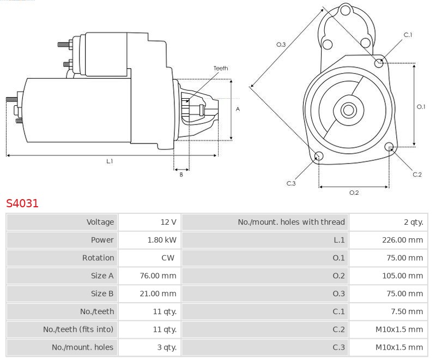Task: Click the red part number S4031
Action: [22, 203]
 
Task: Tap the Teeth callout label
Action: [221, 68]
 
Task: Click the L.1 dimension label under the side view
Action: [110, 161]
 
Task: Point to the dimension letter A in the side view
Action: [238, 109]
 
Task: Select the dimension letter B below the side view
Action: [181, 175]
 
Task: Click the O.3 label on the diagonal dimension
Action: [281, 45]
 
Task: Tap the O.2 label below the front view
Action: [354, 193]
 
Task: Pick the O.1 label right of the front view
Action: [421, 107]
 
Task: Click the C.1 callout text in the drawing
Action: [408, 35]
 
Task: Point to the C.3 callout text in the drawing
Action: [291, 183]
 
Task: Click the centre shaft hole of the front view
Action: [348, 110]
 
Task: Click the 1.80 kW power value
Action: [162, 240]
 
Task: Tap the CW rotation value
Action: [168, 258]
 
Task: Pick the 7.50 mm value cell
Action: [407, 311]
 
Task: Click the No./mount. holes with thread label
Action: [291, 222]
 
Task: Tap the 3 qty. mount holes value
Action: [165, 347]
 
